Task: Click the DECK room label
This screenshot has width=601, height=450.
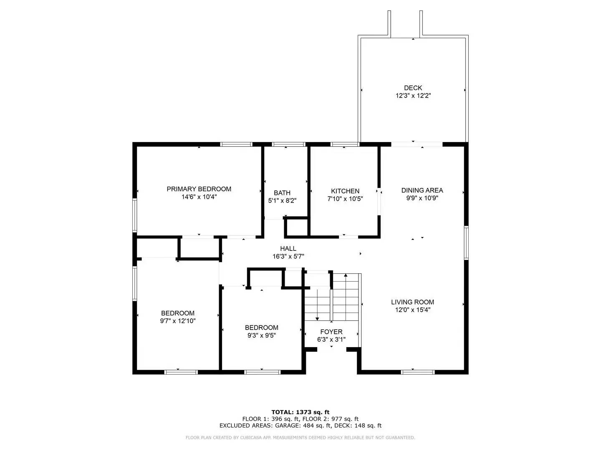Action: pos(413,88)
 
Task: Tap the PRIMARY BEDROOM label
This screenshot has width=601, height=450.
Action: pos(199,189)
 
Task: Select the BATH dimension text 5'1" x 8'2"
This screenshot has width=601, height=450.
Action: pos(282,200)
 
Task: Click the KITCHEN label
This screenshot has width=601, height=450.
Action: pos(345,191)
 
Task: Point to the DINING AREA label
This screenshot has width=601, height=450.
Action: pos(422,190)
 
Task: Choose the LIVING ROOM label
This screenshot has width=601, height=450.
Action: pos(412,302)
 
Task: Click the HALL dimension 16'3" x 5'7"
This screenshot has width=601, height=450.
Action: pos(288,257)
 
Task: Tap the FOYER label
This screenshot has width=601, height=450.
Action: pos(331,332)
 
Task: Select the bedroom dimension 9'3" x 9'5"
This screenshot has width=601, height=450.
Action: pos(261,335)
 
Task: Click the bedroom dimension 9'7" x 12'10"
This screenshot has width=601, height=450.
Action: pos(178,321)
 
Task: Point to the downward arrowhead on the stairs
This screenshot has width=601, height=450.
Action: pos(317,318)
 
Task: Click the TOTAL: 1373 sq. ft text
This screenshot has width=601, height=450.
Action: pos(300,412)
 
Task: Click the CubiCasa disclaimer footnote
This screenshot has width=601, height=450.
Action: pos(300,437)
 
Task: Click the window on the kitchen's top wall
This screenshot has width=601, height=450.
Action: pos(345,145)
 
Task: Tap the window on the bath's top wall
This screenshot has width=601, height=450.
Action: pos(288,145)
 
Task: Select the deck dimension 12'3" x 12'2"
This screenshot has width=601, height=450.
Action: pos(413,96)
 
